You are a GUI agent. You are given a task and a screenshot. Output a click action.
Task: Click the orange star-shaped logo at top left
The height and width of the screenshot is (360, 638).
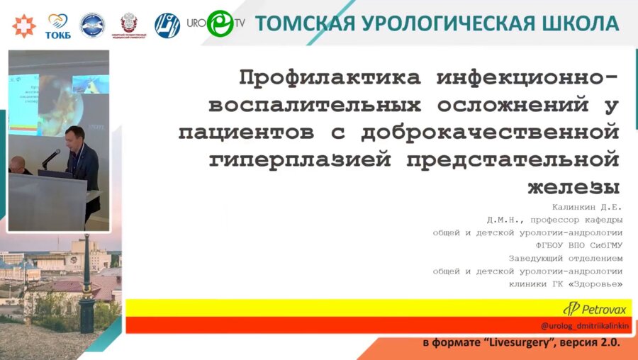pos(24,25)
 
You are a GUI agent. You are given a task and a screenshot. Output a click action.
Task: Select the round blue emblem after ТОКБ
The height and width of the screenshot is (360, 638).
pos(92,25)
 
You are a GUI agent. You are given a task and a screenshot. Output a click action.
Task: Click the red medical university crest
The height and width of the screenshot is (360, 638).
pos(129,25)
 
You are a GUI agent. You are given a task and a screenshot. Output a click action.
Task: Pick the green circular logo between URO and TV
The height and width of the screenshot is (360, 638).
pos(220,23)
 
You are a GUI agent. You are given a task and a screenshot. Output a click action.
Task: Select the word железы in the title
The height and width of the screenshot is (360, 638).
pos(574,187)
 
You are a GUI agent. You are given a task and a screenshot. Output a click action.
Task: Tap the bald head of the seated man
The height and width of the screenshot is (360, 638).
pos(17,164)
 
